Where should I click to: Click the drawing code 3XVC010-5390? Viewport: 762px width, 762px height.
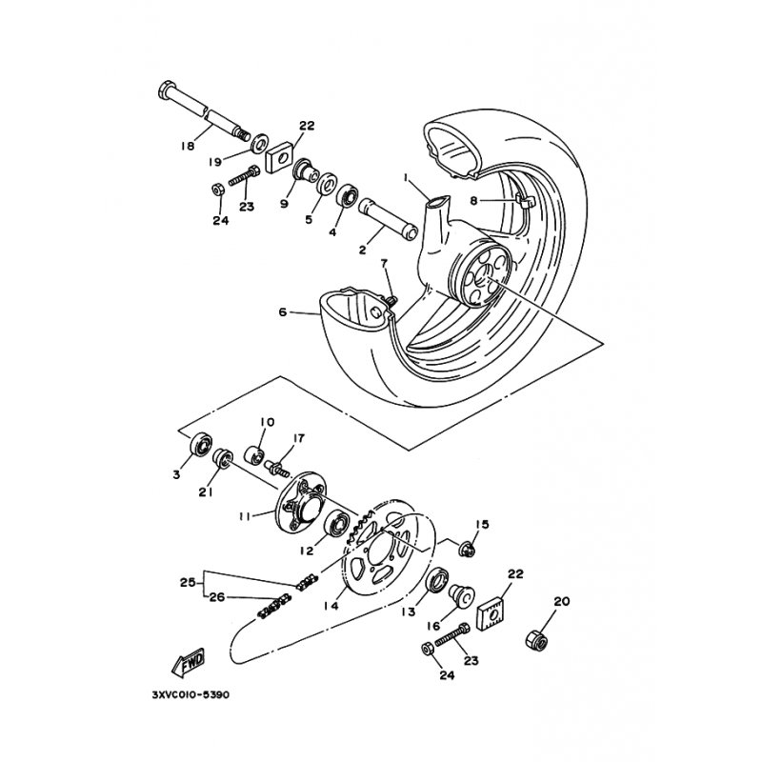[190, 695]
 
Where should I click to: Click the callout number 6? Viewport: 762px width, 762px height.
[283, 311]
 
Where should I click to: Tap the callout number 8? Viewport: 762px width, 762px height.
[498, 201]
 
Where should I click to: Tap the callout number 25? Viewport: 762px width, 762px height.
[188, 582]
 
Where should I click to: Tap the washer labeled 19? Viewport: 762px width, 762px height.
[257, 144]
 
